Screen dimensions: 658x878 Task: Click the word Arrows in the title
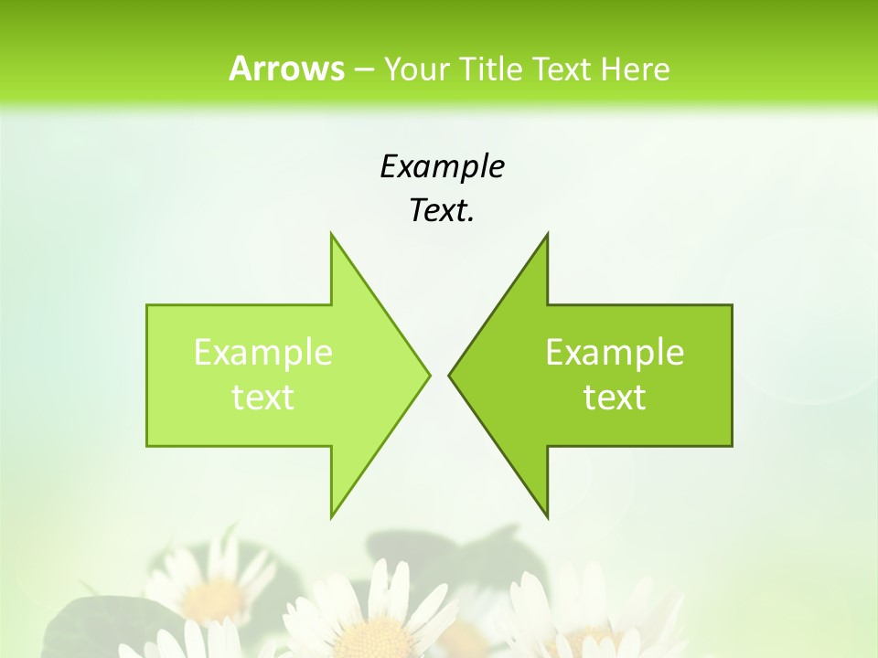(286, 69)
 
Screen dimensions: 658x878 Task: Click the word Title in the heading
(491, 69)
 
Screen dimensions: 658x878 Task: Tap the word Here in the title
(635, 69)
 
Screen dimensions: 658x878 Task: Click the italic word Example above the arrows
(442, 166)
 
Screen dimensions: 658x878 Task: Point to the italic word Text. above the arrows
(442, 210)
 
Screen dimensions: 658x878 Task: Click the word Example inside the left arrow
(263, 352)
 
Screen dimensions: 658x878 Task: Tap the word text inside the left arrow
(263, 397)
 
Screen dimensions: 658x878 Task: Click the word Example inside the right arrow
(615, 352)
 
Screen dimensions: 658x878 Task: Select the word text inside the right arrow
(615, 397)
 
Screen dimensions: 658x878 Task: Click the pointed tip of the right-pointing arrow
(429, 375)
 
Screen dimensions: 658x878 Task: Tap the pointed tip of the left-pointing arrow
(449, 375)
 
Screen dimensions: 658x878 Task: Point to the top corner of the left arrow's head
(331, 234)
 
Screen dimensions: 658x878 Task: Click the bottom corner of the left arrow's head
(331, 517)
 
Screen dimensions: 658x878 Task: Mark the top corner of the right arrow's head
(547, 234)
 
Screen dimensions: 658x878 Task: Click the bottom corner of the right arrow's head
(547, 517)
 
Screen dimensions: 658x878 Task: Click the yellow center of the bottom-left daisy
(214, 599)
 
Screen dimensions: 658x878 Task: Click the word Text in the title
(562, 69)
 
